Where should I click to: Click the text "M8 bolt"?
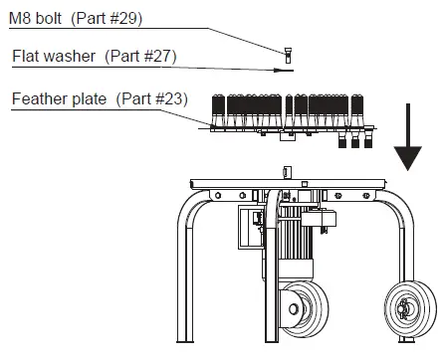(35, 18)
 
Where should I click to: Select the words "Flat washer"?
(54, 56)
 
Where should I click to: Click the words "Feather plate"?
(59, 98)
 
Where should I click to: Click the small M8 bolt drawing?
(288, 56)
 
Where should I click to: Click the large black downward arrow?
(408, 137)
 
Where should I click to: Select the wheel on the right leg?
(410, 309)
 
